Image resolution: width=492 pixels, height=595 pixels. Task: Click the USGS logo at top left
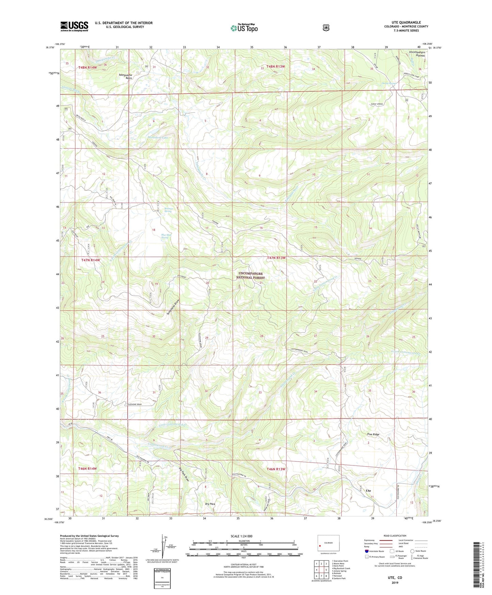tap(74, 26)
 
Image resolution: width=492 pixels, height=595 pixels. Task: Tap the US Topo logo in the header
tap(244, 28)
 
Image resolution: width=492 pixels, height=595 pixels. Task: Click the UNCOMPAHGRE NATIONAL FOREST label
tap(251, 275)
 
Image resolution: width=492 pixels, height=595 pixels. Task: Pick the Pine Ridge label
tap(373, 434)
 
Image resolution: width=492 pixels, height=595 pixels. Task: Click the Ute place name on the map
tap(368, 491)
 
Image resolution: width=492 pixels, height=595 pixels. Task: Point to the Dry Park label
tap(210, 504)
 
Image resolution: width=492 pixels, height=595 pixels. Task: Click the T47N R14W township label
tap(91, 260)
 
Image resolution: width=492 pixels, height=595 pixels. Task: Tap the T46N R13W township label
tap(276, 469)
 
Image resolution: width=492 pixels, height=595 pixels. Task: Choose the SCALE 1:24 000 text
tap(241, 536)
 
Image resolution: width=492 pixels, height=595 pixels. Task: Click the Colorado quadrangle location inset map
tap(328, 543)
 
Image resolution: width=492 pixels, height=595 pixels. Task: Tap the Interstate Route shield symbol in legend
tap(367, 551)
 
